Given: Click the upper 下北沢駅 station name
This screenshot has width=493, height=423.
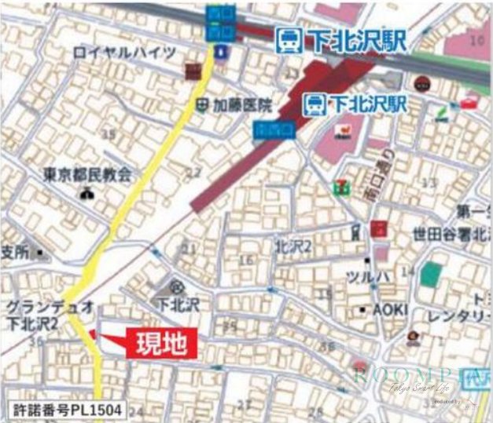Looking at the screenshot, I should pyautogui.click(x=336, y=41).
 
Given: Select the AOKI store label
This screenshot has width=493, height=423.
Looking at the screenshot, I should pyautogui.click(x=390, y=309).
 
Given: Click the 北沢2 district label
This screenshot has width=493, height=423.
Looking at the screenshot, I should pyautogui.click(x=294, y=246).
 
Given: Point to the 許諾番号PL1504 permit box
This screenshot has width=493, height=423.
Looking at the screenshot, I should pyautogui.click(x=67, y=409).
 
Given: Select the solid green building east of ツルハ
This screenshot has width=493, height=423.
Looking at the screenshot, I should pyautogui.click(x=431, y=275).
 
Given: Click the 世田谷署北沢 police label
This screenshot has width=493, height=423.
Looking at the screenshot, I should pyautogui.click(x=451, y=234).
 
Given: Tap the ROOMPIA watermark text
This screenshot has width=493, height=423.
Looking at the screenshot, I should pyautogui.click(x=401, y=374).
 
